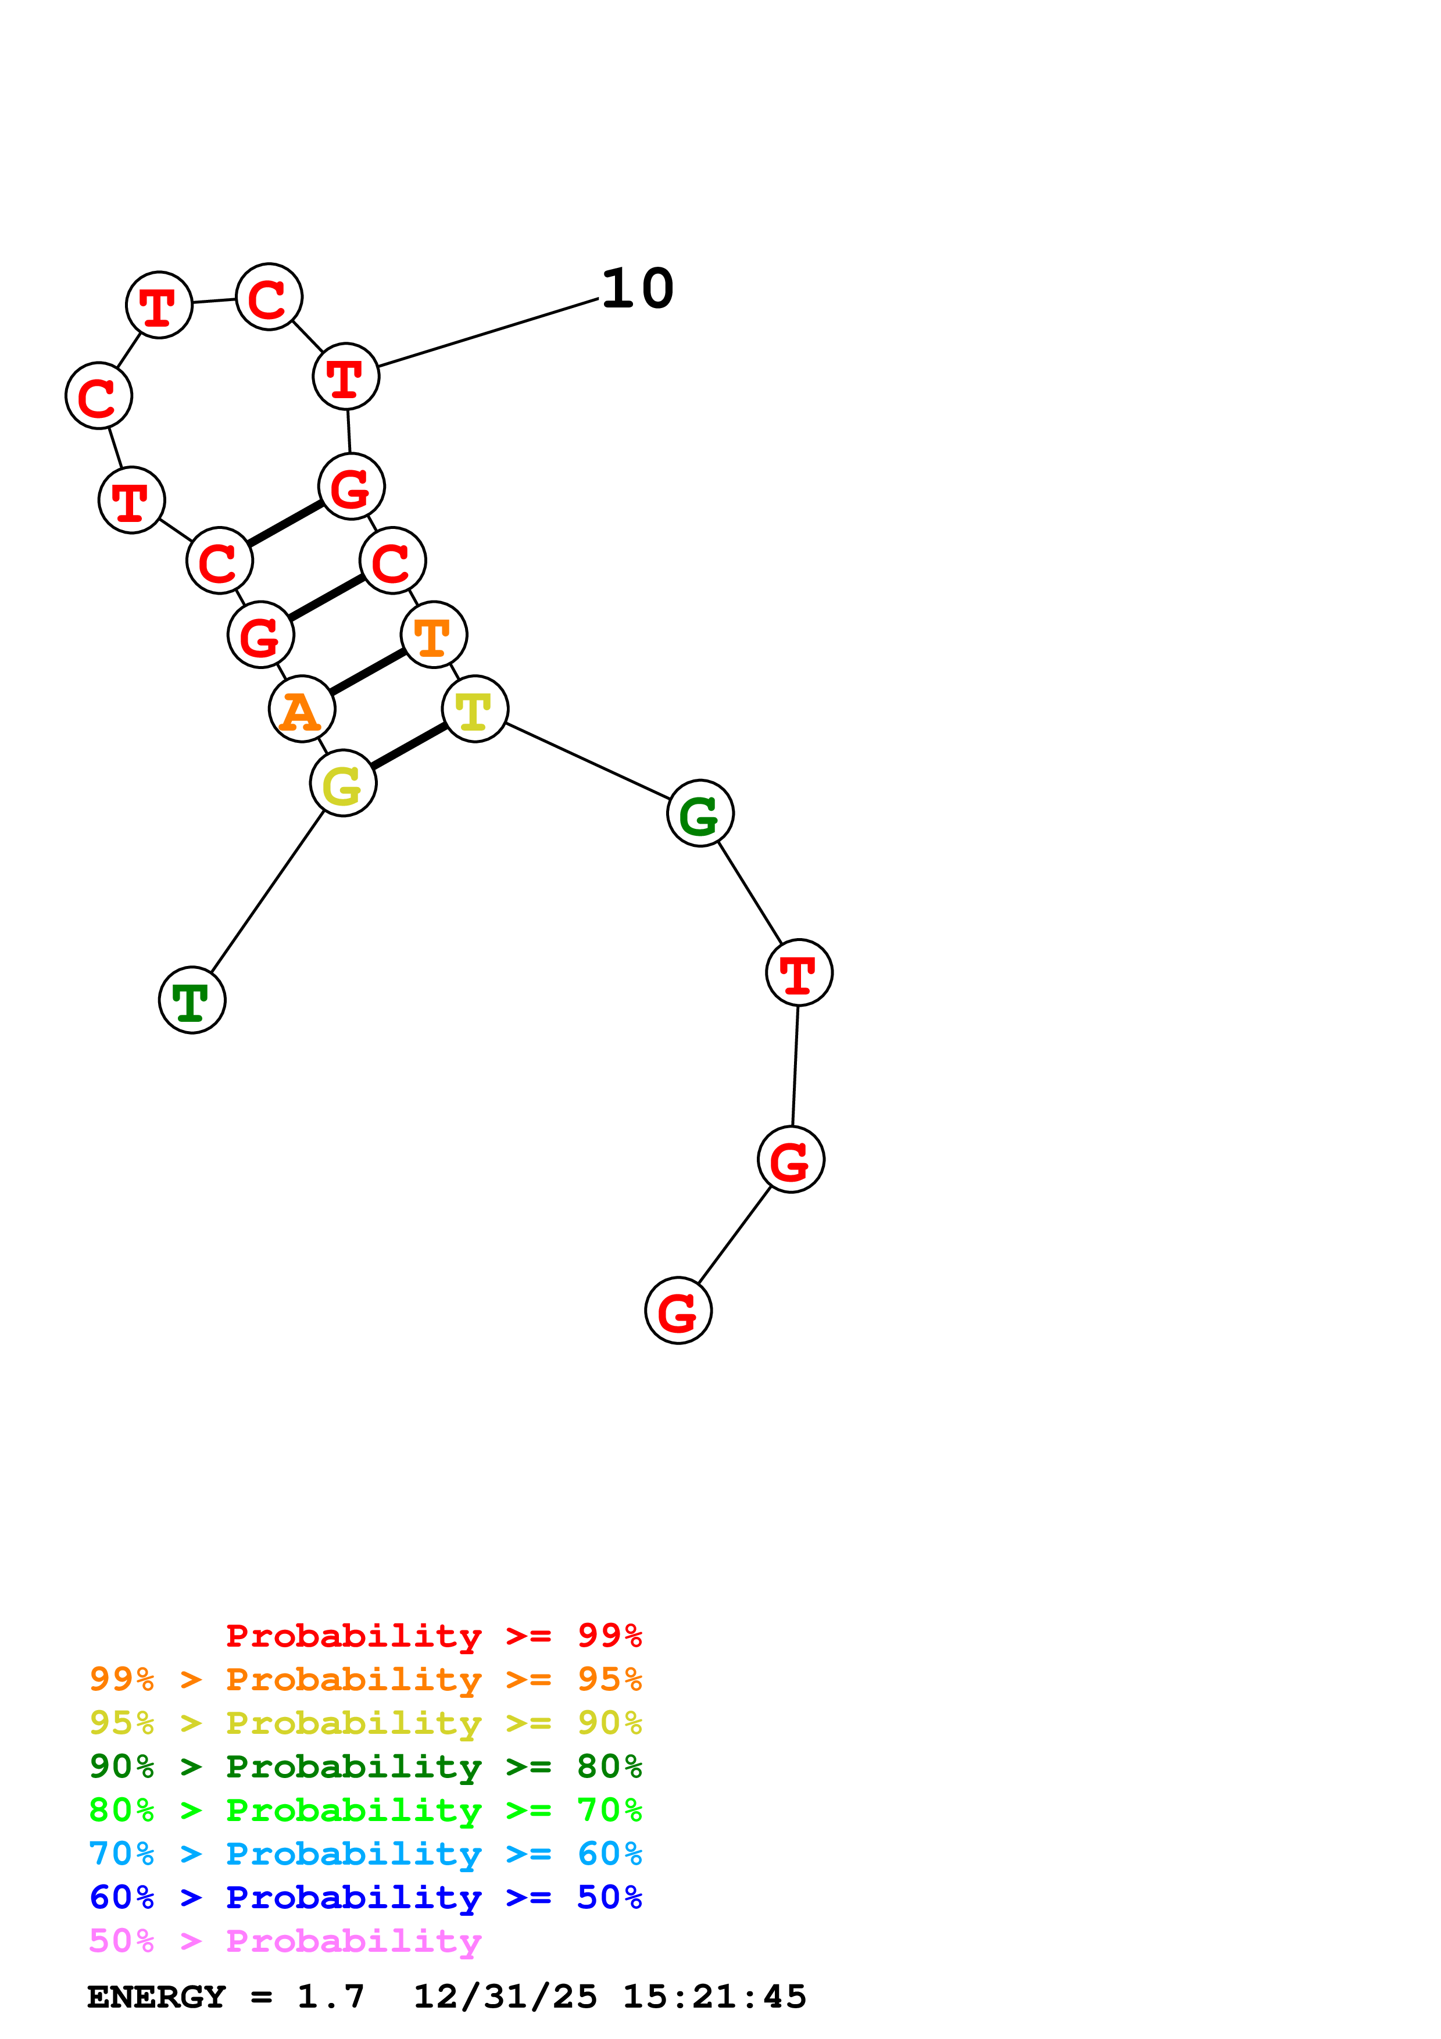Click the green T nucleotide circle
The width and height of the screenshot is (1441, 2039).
[x=192, y=1000]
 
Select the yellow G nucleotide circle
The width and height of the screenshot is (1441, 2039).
[x=343, y=784]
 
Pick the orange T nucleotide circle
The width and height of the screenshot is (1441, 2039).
[x=433, y=635]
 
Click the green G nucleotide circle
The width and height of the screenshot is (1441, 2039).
[x=700, y=814]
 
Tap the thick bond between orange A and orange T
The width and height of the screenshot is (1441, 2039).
[x=367, y=672]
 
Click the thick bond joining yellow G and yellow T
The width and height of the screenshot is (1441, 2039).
[x=409, y=746]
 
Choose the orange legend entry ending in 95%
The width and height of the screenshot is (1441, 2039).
[x=366, y=1679]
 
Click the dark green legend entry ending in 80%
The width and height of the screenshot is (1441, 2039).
[x=366, y=1766]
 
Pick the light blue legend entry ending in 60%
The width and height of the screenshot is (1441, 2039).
[x=366, y=1854]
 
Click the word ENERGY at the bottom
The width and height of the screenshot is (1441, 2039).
[x=156, y=1997]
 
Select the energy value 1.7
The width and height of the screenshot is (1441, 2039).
[x=330, y=1997]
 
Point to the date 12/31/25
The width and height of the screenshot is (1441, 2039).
[x=505, y=1997]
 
